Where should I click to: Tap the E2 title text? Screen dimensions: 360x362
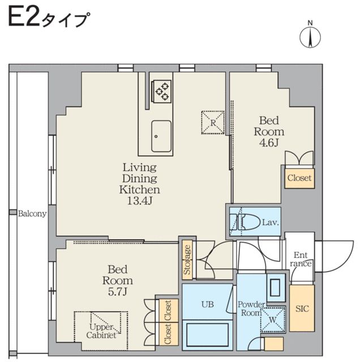tap(24, 17)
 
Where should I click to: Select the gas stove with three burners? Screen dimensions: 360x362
tap(161, 90)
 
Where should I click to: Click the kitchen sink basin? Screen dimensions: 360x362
tap(161, 136)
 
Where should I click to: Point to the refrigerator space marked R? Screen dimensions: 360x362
tap(213, 123)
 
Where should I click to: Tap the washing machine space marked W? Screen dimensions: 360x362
tap(273, 320)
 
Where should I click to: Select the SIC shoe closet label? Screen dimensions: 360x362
tap(302, 308)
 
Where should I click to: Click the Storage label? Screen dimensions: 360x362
tap(187, 260)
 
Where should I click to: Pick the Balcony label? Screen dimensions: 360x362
tap(32, 214)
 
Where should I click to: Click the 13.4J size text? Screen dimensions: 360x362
tap(140, 201)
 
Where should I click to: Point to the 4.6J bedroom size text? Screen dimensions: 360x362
tap(269, 143)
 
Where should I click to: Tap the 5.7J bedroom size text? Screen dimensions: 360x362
tap(118, 292)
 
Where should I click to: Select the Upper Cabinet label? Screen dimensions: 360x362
tap(101, 331)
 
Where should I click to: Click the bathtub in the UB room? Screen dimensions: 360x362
tap(208, 334)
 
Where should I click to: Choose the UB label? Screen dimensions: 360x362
tap(208, 304)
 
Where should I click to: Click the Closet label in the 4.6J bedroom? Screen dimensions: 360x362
tap(299, 178)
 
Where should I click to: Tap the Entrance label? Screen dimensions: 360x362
tap(301, 259)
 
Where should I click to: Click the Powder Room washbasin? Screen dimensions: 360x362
tap(275, 287)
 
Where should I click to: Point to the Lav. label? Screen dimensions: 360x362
tap(271, 222)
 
